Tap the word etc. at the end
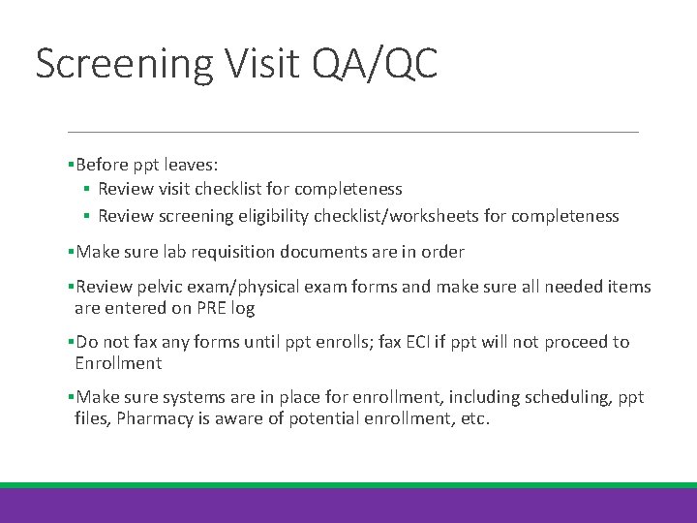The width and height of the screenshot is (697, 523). coord(475,419)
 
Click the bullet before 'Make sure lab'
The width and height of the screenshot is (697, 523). coord(71,252)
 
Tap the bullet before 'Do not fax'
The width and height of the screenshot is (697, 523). coord(71,342)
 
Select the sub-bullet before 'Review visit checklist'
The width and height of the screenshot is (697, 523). coord(86,189)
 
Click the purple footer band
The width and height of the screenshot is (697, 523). coord(348,506)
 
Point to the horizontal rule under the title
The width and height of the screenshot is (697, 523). coord(352,132)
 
